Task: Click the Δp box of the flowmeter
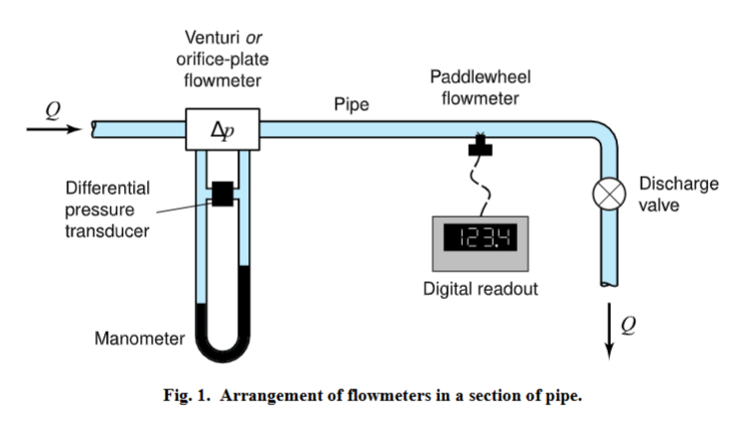coord(222,131)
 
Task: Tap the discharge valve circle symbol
coord(606,194)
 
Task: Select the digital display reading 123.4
coord(479,238)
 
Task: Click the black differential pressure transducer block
coord(222,193)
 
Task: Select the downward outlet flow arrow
coord(608,336)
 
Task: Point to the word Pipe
coord(352,103)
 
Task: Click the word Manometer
coord(139,339)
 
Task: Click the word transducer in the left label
coord(106,231)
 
